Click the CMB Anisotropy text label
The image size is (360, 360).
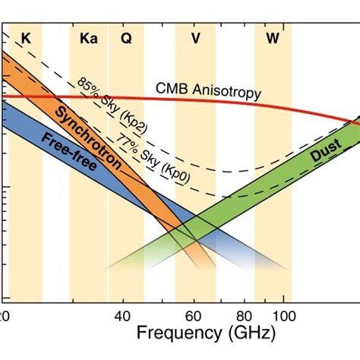(x=207, y=90)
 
